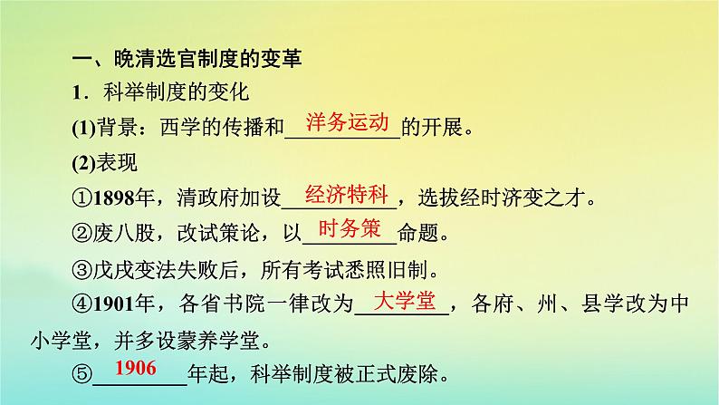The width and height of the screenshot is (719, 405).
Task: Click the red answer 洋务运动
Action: [x=347, y=122]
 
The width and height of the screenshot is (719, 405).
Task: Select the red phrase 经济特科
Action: [x=346, y=195]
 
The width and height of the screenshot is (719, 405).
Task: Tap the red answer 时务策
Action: [x=350, y=228]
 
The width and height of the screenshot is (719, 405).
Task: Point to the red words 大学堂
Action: [x=405, y=301]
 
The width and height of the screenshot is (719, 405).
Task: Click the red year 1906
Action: [x=135, y=368]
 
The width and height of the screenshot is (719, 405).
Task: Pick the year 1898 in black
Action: [x=114, y=198]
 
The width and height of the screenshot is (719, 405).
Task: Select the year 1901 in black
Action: [x=114, y=304]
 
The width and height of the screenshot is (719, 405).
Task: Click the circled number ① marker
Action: [x=82, y=198]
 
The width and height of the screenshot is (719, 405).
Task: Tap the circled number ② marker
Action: [x=82, y=234]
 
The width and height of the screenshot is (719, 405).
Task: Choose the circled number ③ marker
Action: [x=82, y=270]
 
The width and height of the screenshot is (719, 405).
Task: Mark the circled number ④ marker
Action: [x=82, y=304]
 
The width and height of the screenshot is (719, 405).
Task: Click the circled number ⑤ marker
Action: [x=82, y=374]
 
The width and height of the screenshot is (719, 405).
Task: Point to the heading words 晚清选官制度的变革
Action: [x=207, y=59]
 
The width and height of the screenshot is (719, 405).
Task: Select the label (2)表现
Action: [x=104, y=163]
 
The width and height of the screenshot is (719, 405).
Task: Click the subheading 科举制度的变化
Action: [x=176, y=92]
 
